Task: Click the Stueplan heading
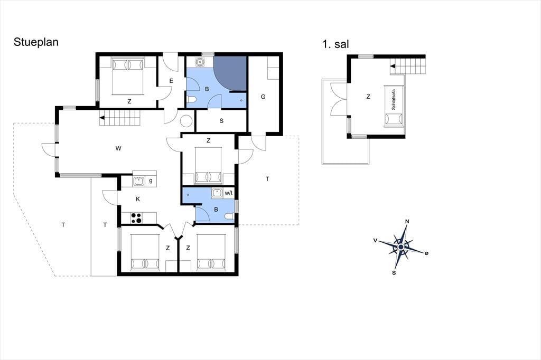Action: pyautogui.click(x=36, y=42)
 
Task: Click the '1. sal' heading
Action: pyautogui.click(x=335, y=44)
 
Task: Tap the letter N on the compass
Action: pyautogui.click(x=407, y=221)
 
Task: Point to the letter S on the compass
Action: pyautogui.click(x=394, y=273)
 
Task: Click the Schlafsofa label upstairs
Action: pyautogui.click(x=394, y=100)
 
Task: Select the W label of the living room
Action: pyautogui.click(x=118, y=149)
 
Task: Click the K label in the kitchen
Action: pyautogui.click(x=138, y=199)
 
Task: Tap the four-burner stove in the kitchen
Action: pyautogui.click(x=136, y=218)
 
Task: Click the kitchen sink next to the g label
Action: pyautogui.click(x=138, y=181)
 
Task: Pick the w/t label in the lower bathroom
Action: pyautogui.click(x=229, y=193)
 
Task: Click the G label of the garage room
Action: pyautogui.click(x=263, y=97)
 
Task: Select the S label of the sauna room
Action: pyautogui.click(x=221, y=121)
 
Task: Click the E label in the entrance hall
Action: pyautogui.click(x=171, y=81)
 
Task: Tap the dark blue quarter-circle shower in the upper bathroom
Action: pyautogui.click(x=230, y=73)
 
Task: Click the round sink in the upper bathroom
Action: pyautogui.click(x=200, y=62)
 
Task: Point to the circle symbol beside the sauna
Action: pyautogui.click(x=186, y=121)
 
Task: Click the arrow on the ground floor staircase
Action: pyautogui.click(x=102, y=118)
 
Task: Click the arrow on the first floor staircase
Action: pyautogui.click(x=393, y=66)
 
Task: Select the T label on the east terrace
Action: pyautogui.click(x=267, y=178)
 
